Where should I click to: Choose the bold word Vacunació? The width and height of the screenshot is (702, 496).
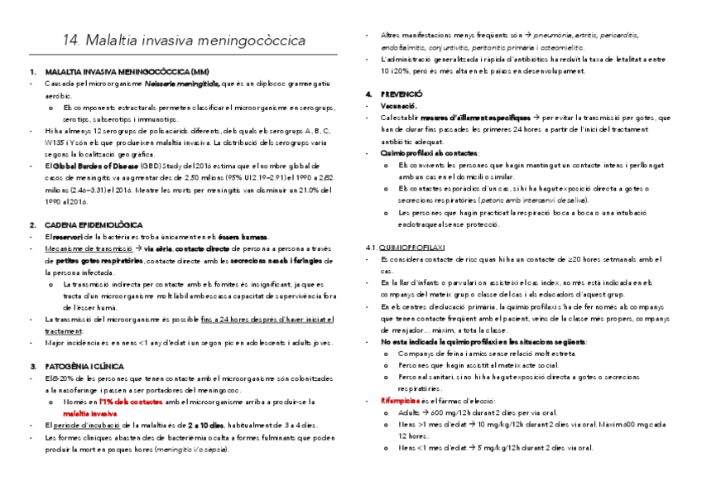(x=400, y=107)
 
